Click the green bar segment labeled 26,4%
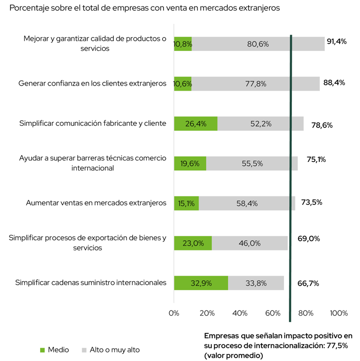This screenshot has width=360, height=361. pos(196,124)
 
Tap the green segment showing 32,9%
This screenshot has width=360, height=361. pos(201,283)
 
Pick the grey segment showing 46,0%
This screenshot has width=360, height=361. pos(249,243)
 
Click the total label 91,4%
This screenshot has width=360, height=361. pos(336,42)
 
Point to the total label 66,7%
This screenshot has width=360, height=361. pos(309,283)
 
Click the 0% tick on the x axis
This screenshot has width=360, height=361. pos(174,313)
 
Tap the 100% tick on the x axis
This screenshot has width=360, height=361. pos(339,313)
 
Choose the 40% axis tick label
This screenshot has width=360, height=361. pos(240,313)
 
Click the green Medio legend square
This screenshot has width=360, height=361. pos(43,350)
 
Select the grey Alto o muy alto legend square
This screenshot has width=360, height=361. pos(84,350)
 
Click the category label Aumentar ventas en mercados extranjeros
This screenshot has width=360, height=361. pos(97,203)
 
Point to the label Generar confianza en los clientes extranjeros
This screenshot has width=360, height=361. pos(93,83)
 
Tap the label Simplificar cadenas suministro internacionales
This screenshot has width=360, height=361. pos(91,283)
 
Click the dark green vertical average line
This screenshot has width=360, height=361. pos(290,180)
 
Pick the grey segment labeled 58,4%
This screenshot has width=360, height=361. pos(247,204)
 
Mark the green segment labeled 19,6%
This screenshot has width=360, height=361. pos(190,163)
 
